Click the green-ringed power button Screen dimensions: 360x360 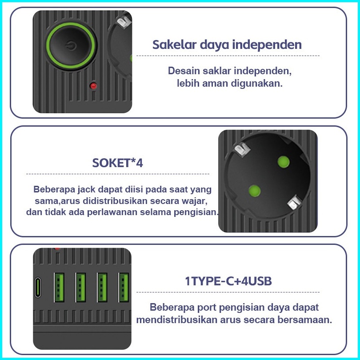tap(71, 45)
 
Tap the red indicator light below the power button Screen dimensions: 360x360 tap(93, 86)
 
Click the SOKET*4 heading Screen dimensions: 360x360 tap(117, 163)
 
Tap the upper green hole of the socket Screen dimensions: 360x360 tap(283, 162)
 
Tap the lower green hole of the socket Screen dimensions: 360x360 tap(254, 191)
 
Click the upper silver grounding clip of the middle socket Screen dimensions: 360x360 tap(242, 149)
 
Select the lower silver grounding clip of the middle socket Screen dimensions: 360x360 tap(295, 203)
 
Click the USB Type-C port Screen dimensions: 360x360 tap(38, 288)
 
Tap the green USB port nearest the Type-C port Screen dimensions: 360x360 tap(59, 287)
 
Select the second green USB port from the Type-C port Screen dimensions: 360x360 tap(80, 287)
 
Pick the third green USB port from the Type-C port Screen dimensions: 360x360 tap(102, 287)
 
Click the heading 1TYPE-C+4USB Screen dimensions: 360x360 tap(228, 281)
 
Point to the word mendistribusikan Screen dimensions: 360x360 tap(176, 320)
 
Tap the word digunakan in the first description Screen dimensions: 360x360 tap(257, 84)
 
